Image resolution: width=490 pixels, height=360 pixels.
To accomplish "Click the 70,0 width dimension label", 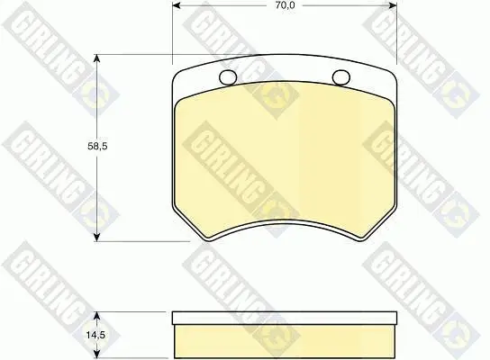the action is coord(285,5).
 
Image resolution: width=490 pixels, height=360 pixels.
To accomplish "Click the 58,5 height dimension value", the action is coord(97,146).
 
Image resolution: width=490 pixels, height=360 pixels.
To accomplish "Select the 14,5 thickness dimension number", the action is coord(95,336).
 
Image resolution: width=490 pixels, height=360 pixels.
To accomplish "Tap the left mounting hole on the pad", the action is coord(228,76).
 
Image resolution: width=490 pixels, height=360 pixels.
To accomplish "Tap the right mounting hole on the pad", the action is coord(341,76).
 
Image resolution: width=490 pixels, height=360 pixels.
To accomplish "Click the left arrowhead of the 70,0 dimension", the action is coord(177,5).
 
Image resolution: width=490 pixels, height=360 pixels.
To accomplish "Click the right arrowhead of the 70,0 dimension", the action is coord(393,5).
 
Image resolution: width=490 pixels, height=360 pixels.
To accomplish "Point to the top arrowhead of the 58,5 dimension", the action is coord(97,58).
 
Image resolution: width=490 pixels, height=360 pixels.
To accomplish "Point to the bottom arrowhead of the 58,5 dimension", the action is coord(97,237).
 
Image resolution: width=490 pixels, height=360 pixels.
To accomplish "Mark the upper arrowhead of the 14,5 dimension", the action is coord(97,315).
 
